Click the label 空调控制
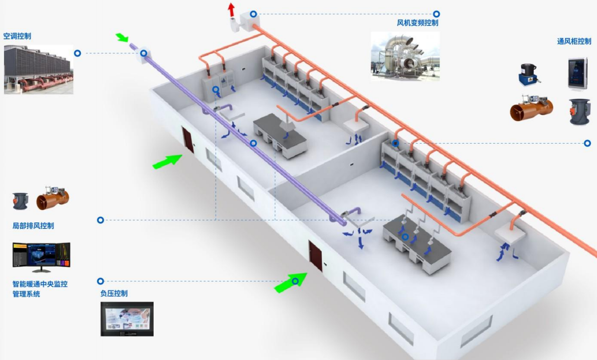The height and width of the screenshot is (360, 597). [17, 36]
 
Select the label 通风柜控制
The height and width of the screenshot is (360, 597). [574, 41]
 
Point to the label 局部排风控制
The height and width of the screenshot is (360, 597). [33, 226]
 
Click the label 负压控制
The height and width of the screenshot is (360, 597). [114, 294]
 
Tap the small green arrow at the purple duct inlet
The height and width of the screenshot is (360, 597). [122, 38]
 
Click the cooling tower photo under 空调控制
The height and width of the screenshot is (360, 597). [38, 70]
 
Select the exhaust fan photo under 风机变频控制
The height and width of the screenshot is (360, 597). [405, 56]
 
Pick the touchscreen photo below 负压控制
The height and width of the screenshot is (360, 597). [127, 319]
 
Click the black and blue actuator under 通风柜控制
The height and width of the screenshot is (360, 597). [529, 74]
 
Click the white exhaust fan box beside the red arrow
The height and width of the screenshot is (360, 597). [247, 20]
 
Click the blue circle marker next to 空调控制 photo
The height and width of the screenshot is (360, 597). [77, 53]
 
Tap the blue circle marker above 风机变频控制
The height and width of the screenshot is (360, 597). [436, 14]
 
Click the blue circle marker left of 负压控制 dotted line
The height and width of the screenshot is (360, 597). [100, 281]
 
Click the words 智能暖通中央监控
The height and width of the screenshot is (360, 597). [40, 284]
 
